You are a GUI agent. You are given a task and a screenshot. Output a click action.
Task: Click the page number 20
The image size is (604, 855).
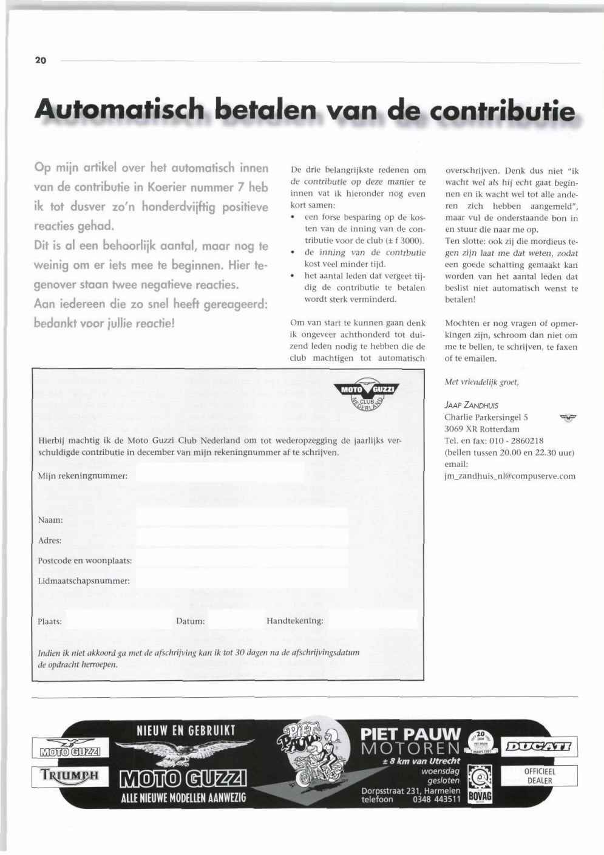tap(41, 61)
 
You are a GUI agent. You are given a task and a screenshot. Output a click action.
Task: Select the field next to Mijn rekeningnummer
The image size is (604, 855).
tap(220, 472)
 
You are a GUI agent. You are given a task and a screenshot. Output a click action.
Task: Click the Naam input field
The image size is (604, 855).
tap(242, 517)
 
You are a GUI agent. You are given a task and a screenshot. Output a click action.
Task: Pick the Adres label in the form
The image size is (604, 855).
tap(50, 540)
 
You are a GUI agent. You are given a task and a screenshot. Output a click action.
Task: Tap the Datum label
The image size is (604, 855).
tap(190, 621)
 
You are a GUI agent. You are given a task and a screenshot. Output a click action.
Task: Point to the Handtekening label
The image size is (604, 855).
tap(295, 621)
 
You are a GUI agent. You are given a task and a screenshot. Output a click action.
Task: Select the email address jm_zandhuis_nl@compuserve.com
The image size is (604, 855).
tap(510, 476)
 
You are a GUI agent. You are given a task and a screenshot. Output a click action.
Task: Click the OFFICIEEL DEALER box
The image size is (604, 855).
tap(540, 776)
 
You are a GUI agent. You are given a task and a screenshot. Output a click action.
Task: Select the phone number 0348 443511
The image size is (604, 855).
tap(436, 799)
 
